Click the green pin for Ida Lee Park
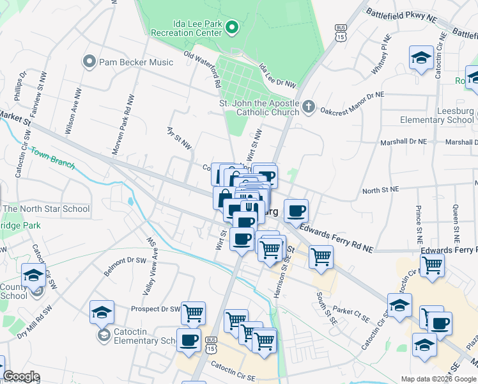point(233,27)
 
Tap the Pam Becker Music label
point(135,62)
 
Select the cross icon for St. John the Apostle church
point(308,106)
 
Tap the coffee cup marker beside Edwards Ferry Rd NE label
point(296,211)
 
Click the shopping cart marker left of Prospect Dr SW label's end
point(193,313)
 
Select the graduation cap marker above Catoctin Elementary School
point(102,312)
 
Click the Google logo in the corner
point(21,376)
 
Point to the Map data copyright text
point(438,379)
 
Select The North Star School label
point(46,209)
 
